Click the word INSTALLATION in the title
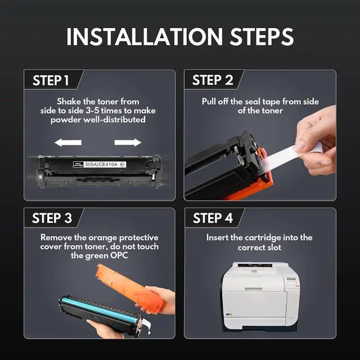tap(145, 37)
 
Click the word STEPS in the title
tap(262, 37)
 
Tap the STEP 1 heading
tap(51, 80)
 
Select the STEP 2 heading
tap(213, 80)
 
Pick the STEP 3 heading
tap(52, 218)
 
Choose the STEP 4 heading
tap(213, 218)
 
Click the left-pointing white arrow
tap(68, 142)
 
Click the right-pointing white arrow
tap(128, 142)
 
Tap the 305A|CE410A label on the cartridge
tap(101, 164)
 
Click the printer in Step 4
tap(260, 296)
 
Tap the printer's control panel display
tap(291, 280)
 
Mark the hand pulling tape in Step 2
tap(316, 142)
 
